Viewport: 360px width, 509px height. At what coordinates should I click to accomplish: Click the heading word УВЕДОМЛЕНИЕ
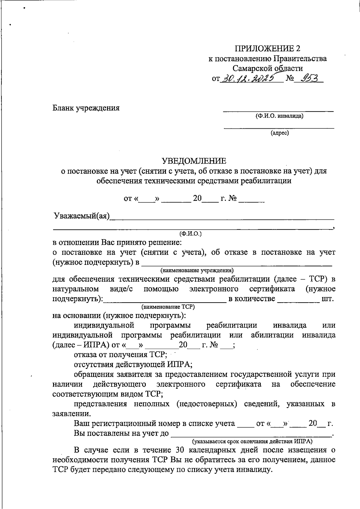[194, 161]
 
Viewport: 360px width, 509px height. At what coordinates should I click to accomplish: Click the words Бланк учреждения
[86, 108]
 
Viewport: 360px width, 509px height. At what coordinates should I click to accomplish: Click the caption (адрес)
[280, 133]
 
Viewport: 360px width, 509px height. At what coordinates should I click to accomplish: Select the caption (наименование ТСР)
[168, 307]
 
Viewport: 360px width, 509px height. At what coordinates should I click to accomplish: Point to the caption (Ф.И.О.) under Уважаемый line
[190, 233]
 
